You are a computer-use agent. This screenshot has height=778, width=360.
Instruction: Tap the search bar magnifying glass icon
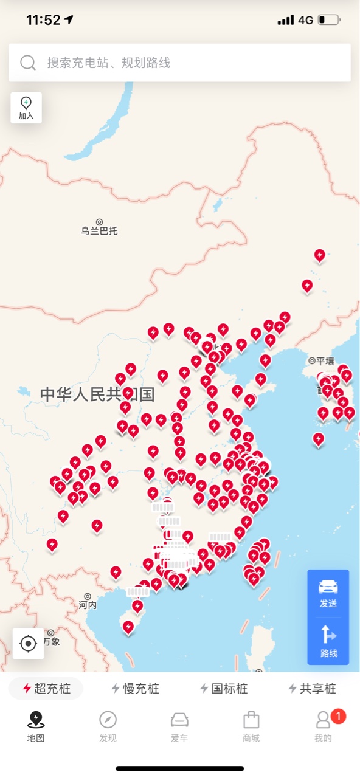coord(28,63)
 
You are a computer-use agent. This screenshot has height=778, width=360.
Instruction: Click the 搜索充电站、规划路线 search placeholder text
coord(109,63)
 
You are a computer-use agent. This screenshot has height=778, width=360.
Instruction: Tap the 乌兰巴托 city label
coord(99,230)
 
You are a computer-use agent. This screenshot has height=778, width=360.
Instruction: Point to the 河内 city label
coord(88,605)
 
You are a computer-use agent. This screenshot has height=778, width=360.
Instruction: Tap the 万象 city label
coord(51,641)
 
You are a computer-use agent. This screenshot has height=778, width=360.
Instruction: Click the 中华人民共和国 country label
coord(97,394)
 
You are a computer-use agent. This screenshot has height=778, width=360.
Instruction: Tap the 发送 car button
coord(328,593)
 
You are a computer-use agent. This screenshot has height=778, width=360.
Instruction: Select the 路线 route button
coord(328,642)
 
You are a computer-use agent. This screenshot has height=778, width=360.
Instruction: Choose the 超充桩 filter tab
coord(46,689)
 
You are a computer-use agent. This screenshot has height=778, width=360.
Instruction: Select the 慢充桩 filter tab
coord(135,689)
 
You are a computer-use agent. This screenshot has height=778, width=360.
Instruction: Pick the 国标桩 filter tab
coord(224,689)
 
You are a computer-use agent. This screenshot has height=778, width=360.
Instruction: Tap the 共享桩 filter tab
coord(312,689)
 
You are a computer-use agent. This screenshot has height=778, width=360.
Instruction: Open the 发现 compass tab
coord(108,726)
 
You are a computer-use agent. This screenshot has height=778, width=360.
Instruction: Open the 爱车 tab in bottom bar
coord(179,726)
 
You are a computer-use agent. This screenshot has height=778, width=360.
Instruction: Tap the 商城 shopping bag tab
coord(251,726)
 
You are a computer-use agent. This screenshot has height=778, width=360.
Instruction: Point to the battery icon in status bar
coord(328,20)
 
